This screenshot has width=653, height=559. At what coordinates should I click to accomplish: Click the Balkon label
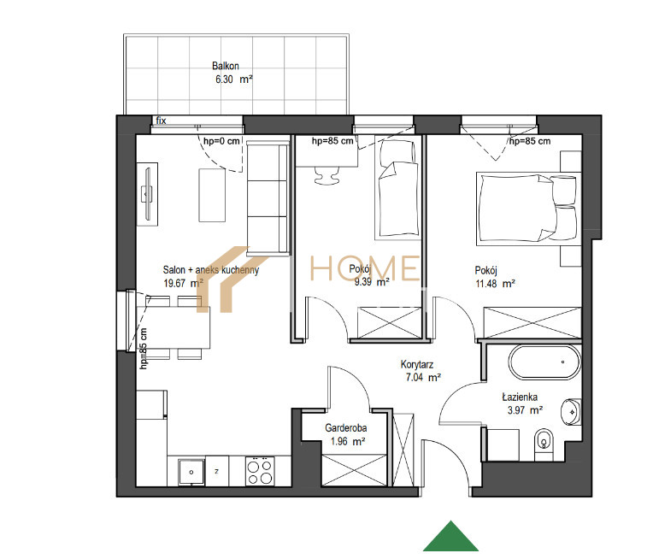[226, 66]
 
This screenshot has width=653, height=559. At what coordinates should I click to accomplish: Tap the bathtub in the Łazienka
[544, 362]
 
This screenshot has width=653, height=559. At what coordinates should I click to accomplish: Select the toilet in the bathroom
[544, 444]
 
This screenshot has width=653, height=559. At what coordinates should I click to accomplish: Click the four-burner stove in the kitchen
[260, 472]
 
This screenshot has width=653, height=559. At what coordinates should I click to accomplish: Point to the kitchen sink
[191, 472]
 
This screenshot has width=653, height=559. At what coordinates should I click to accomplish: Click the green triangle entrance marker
[450, 537]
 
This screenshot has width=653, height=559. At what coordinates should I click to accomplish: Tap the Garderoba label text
[345, 427]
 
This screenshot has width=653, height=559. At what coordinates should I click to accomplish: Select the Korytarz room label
[417, 364]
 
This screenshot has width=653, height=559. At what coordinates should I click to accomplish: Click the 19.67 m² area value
[183, 283]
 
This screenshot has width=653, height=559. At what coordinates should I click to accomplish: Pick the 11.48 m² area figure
[495, 284]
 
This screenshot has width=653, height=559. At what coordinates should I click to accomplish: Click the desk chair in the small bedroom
[326, 175]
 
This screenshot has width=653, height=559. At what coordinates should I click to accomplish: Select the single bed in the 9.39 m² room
[397, 190]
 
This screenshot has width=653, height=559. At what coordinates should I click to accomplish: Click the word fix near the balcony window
[162, 121]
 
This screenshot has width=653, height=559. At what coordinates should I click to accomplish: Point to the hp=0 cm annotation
[221, 141]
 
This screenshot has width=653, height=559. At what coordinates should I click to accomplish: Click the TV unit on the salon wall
[147, 194]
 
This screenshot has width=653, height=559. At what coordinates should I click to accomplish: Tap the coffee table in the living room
[212, 196]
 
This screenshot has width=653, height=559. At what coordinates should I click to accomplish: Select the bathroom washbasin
[571, 412]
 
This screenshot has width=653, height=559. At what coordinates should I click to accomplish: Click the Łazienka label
[520, 397]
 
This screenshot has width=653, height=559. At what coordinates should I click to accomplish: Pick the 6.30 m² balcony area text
[234, 79]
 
